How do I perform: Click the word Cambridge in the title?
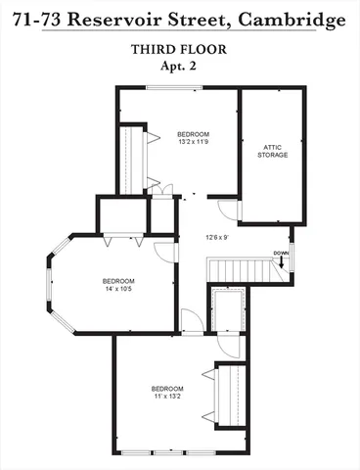pyautogui.click(x=296, y=19)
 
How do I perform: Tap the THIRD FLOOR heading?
pyautogui.click(x=180, y=49)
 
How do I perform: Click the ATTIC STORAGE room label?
pyautogui.click(x=272, y=152)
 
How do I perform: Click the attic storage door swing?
pyautogui.click(x=227, y=209)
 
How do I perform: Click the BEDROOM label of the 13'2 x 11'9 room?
pyautogui.click(x=193, y=134)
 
